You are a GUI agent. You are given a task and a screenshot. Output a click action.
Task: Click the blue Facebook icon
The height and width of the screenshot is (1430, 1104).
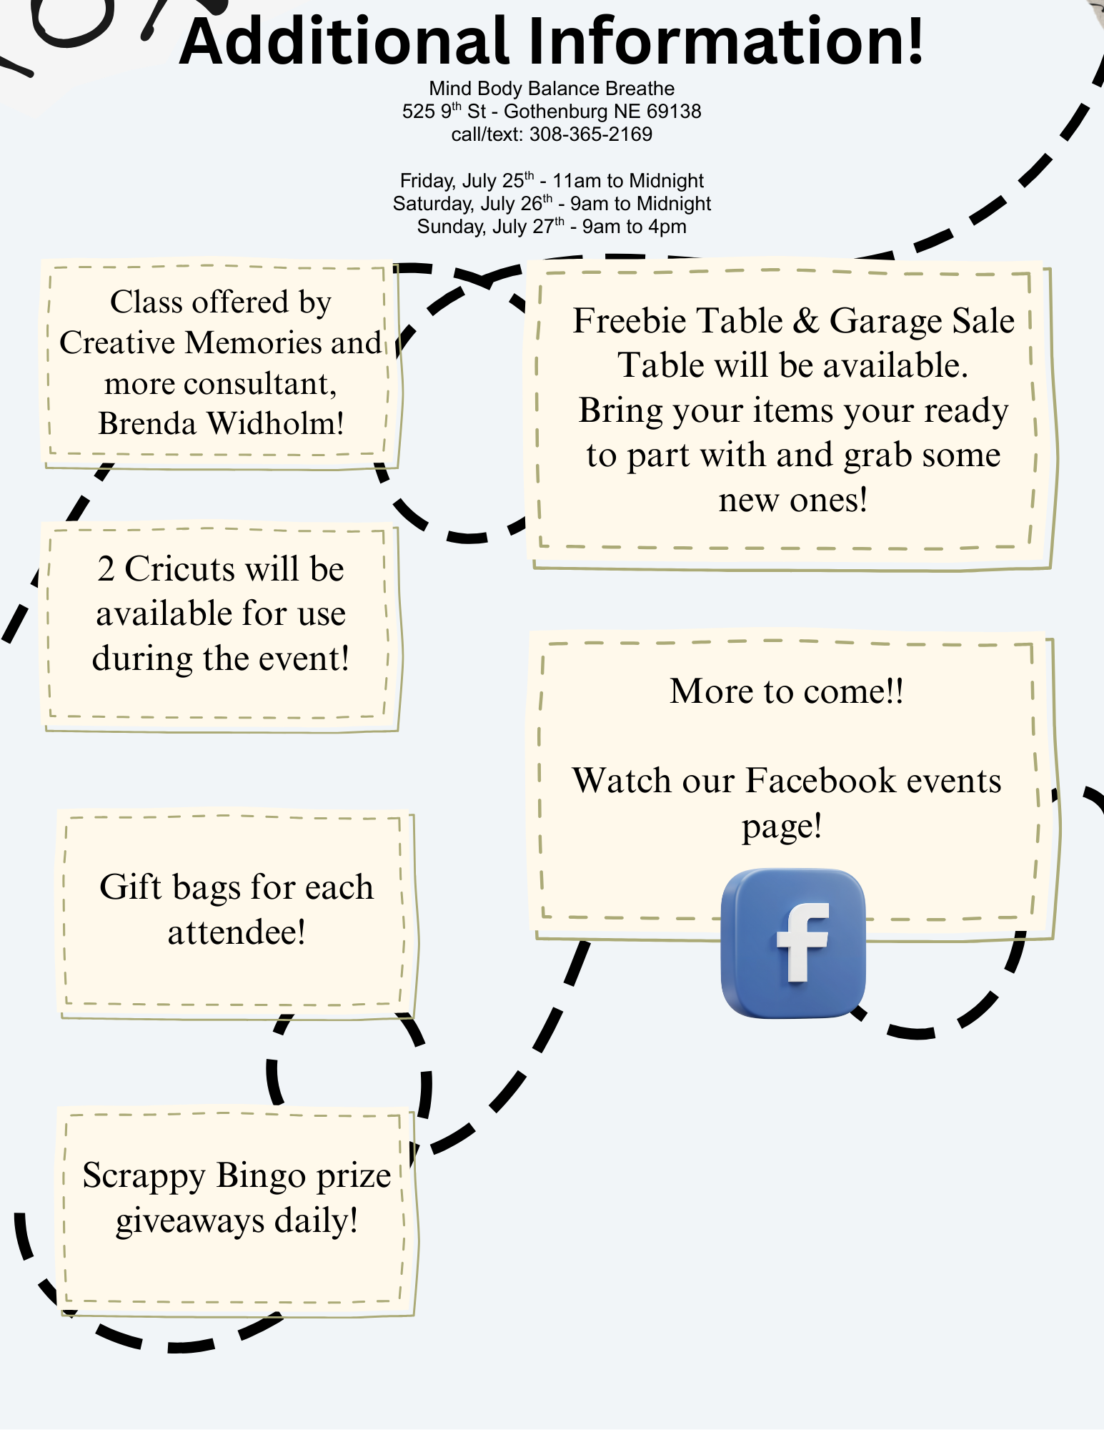tap(793, 943)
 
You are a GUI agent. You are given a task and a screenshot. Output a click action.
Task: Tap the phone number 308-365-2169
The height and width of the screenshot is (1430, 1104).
tap(590, 134)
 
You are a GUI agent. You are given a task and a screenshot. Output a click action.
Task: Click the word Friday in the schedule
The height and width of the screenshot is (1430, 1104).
tap(426, 181)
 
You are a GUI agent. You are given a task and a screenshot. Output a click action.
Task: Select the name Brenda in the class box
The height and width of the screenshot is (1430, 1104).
tap(147, 423)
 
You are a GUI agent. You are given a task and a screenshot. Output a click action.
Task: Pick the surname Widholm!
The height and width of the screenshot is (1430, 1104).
tap(276, 423)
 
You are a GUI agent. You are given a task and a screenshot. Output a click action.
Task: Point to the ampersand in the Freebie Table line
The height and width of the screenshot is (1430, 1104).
tap(805, 320)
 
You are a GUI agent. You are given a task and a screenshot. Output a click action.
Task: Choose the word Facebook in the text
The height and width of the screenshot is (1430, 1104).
tap(820, 781)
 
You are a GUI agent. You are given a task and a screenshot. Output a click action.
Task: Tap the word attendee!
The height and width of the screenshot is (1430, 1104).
tap(237, 932)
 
